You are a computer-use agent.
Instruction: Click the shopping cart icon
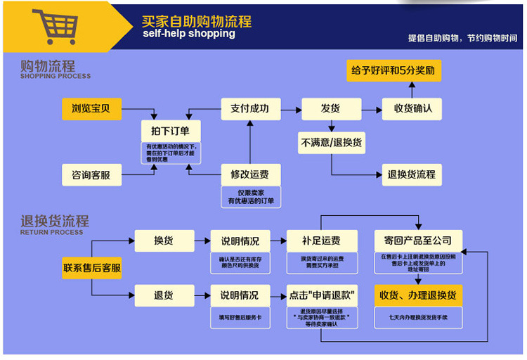55,27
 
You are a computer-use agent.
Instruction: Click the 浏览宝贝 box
91,109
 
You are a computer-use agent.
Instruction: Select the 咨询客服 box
91,174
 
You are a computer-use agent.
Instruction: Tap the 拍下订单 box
171,131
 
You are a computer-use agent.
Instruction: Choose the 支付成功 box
249,109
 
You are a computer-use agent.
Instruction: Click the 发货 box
330,109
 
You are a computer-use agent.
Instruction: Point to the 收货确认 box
412,109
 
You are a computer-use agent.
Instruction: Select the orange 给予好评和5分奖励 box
394,71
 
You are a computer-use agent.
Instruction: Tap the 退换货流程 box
412,174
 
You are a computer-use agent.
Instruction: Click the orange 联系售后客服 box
91,268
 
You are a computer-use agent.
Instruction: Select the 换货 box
164,240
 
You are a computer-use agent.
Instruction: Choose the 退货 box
164,295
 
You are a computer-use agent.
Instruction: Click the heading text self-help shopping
188,34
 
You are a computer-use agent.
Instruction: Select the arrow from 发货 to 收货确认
372,109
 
